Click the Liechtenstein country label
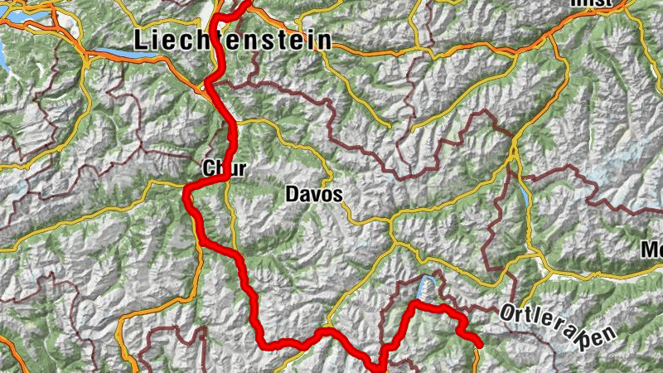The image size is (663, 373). click(x=232, y=40)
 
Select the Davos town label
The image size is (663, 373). click(x=313, y=194)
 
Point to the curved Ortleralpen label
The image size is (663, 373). click(x=559, y=326)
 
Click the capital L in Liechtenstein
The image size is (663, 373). click(x=141, y=40)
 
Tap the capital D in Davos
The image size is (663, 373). click(x=292, y=194)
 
